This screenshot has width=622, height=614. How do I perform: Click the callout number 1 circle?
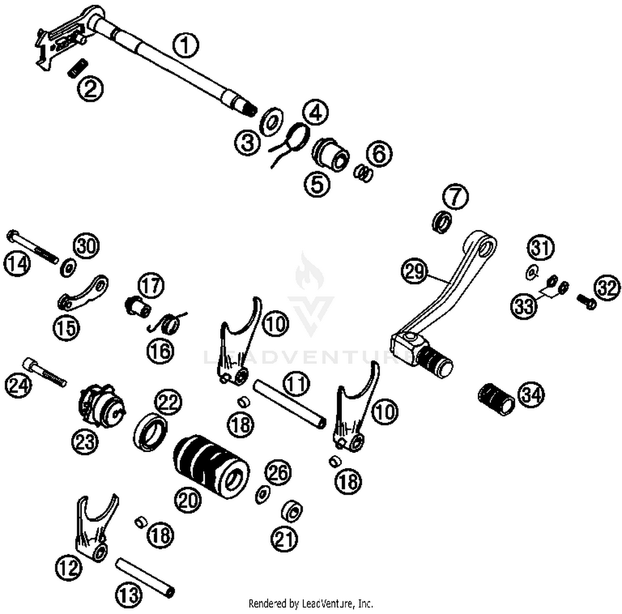tap(185, 46)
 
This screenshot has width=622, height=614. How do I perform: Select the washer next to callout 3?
tap(271, 121)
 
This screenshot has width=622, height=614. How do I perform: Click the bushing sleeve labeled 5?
tap(331, 154)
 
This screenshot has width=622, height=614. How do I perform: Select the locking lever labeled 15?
tap(83, 293)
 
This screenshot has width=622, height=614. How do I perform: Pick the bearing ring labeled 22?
tap(151, 431)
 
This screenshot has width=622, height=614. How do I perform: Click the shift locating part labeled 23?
tap(101, 405)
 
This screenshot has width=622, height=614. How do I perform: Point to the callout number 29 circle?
tap(414, 272)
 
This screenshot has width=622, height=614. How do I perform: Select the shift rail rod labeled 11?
tap(289, 404)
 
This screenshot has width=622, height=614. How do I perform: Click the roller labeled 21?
tap(292, 511)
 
